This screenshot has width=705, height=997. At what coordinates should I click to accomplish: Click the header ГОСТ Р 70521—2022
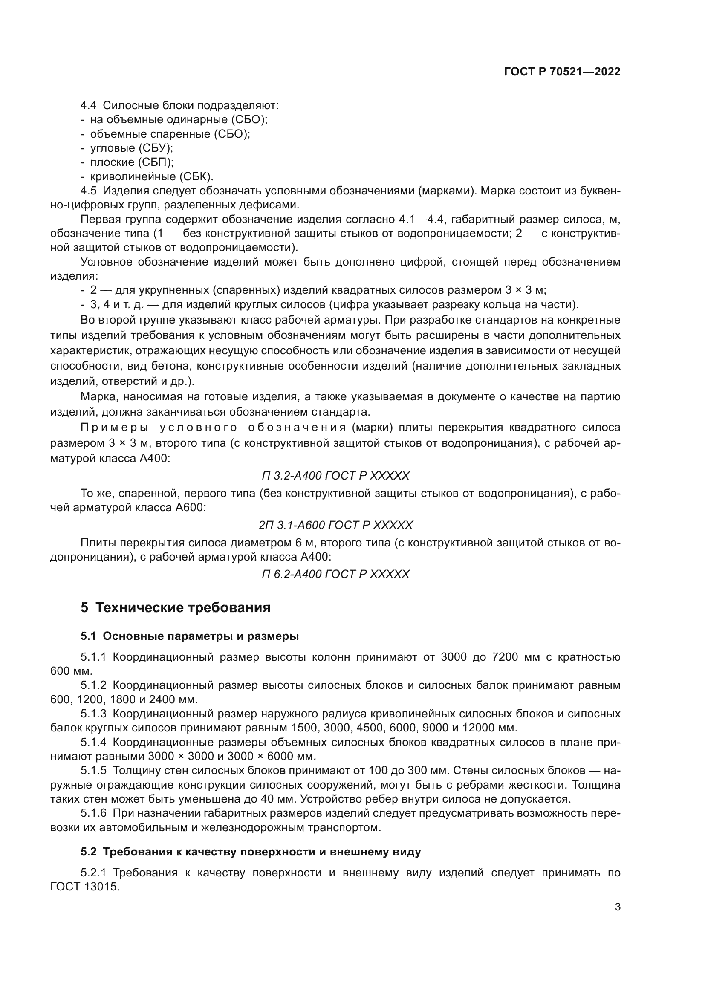[562, 72]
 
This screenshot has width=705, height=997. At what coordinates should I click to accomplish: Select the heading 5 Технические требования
[175, 607]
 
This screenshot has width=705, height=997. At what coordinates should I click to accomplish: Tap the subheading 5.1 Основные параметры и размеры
[190, 636]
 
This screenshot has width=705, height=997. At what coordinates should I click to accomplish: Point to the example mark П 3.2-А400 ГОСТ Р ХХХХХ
[335, 476]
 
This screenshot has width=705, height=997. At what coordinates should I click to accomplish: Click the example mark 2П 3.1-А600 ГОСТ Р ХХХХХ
[335, 525]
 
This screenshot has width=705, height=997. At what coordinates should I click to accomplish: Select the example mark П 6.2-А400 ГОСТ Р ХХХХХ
[335, 574]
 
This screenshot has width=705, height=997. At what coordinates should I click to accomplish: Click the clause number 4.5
[89, 191]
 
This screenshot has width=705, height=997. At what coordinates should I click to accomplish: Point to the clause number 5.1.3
[93, 714]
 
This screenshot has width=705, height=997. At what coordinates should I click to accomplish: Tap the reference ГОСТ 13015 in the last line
[85, 886]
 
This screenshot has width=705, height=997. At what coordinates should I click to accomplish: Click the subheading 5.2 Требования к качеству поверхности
[251, 852]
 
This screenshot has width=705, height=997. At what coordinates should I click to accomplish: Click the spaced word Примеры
[115, 428]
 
